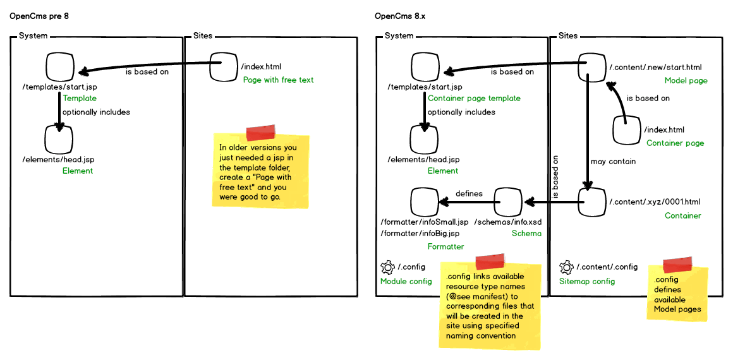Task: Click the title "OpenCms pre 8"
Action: [39, 16]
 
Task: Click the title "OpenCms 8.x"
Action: [400, 16]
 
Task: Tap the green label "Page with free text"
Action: [278, 80]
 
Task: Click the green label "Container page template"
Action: [474, 98]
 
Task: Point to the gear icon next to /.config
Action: [387, 267]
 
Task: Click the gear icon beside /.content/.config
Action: [566, 267]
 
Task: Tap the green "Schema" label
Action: [526, 233]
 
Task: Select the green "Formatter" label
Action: [445, 246]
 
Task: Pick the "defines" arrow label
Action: [469, 193]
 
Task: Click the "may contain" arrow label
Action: [613, 161]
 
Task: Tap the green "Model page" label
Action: [686, 81]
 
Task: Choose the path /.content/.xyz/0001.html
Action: [655, 202]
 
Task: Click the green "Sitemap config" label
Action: [587, 281]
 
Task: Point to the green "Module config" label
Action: [406, 281]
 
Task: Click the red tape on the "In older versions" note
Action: [261, 133]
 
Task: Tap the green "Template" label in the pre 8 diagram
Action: [80, 98]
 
